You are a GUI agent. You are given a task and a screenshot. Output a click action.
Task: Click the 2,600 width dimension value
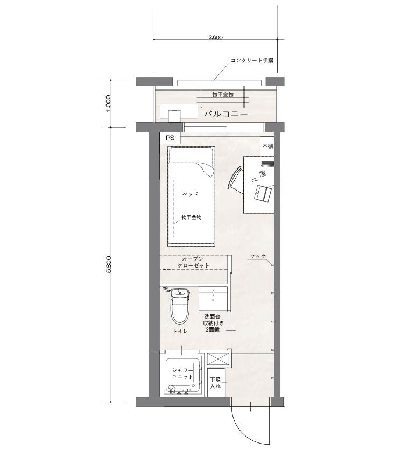(x=216, y=37)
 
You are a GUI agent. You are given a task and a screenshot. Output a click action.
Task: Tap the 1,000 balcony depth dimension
(x=108, y=103)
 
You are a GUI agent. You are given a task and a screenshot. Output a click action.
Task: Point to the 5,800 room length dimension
(x=108, y=264)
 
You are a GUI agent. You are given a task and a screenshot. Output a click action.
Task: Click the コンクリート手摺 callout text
(x=252, y=60)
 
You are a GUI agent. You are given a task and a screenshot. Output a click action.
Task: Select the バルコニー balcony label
(x=225, y=114)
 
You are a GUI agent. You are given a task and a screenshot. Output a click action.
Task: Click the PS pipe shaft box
(x=170, y=138)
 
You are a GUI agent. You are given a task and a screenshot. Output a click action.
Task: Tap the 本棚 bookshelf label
(x=267, y=146)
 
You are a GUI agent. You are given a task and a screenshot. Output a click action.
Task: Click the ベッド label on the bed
(x=191, y=194)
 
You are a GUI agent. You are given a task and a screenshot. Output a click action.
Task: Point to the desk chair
(x=236, y=177)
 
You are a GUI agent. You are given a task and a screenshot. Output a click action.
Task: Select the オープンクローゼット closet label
(x=193, y=262)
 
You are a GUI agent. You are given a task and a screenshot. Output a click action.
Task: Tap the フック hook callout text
(x=257, y=256)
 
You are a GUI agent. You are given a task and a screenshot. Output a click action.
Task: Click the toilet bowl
(x=180, y=306)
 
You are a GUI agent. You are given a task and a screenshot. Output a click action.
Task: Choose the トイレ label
(x=180, y=331)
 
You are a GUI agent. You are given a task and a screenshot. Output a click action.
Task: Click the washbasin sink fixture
(x=213, y=299)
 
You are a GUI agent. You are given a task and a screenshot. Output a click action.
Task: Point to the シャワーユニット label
(x=182, y=374)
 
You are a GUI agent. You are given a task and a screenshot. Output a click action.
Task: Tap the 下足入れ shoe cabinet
(x=216, y=383)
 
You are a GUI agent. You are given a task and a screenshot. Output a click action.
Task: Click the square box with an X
(x=218, y=360)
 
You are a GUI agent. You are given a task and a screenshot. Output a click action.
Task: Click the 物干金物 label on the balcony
(x=223, y=94)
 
